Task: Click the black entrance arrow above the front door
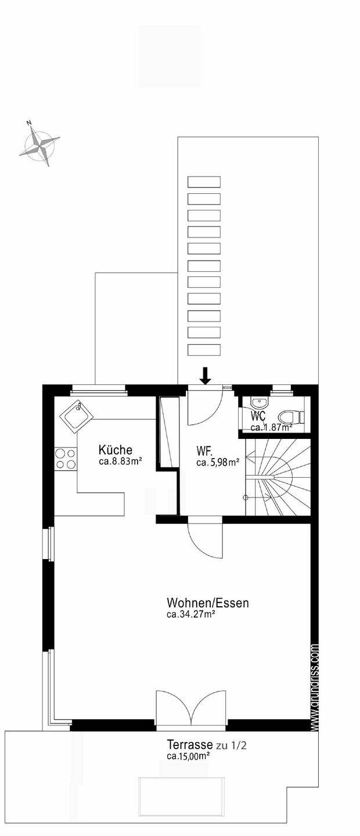coord(205,376)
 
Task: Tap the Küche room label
coord(116,450)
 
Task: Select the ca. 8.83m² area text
coord(121,462)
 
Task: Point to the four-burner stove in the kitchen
coord(65,459)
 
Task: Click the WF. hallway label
coord(204,451)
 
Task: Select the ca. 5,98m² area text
coord(218,463)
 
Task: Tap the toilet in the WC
coord(290,416)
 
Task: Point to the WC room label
coord(258,416)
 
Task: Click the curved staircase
coord(278,477)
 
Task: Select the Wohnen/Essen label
coord(207,603)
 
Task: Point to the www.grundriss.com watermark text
coord(315,687)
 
